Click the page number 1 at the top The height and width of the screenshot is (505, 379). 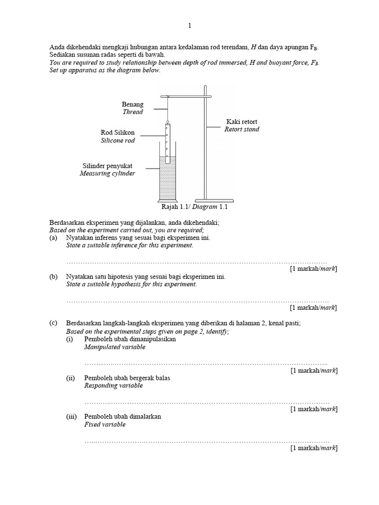tap(189, 25)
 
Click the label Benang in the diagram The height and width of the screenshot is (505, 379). tap(133, 104)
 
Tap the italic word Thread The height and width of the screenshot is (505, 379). tap(133, 112)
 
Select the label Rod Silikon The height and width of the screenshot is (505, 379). tap(117, 133)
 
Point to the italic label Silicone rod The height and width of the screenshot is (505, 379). tap(117, 141)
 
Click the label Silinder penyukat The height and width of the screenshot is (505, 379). tap(107, 166)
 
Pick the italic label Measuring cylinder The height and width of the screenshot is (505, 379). tap(107, 174)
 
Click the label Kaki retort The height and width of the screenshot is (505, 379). tap(242, 121)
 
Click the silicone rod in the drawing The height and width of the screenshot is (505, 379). tap(168, 143)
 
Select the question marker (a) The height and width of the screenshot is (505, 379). tap(53, 237)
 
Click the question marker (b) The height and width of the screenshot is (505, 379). tap(53, 277)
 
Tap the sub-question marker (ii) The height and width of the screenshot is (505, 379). tap(71, 378)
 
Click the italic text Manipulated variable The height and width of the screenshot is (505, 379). tap(114, 347)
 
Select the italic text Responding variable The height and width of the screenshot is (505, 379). tap(114, 386)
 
